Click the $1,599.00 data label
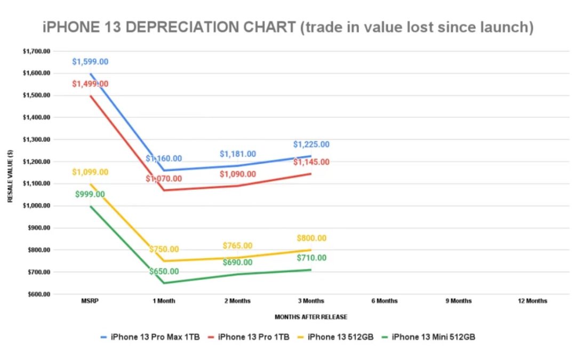click(90, 62)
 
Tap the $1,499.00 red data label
click(90, 84)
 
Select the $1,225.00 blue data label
click(311, 144)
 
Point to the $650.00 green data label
click(164, 271)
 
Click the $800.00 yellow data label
click(311, 238)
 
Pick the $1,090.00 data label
click(237, 174)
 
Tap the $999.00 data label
click(90, 194)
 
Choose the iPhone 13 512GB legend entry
click(340, 337)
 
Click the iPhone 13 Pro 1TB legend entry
click(254, 337)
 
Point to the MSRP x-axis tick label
click(90, 301)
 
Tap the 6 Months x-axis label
click(385, 301)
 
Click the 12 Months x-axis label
click(532, 301)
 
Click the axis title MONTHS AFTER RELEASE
click(311, 317)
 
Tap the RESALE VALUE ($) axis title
click(10, 173)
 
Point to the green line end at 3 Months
click(310, 270)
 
